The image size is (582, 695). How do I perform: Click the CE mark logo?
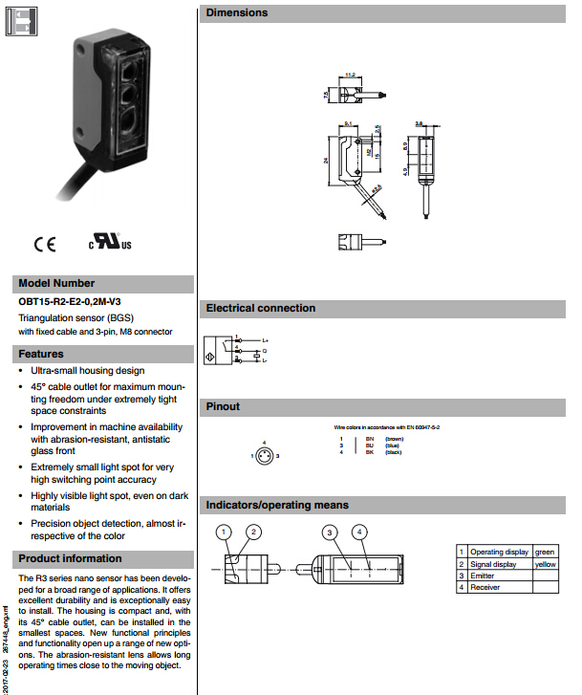pyautogui.click(x=45, y=243)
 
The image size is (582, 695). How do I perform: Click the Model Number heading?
pyautogui.click(x=56, y=283)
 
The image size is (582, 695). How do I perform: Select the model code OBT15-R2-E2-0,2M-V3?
pyautogui.click(x=70, y=302)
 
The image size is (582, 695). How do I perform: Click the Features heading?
pyautogui.click(x=41, y=354)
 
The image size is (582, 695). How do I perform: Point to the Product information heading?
pyautogui.click(x=70, y=558)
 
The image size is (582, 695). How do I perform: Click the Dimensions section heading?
pyautogui.click(x=237, y=13)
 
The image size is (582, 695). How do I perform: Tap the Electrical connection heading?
pyautogui.click(x=261, y=308)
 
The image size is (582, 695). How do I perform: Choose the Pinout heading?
pyautogui.click(x=224, y=407)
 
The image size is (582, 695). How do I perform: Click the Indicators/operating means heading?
pyautogui.click(x=278, y=505)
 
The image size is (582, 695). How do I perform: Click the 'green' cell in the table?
pyautogui.click(x=544, y=552)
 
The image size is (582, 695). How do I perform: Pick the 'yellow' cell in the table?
pyautogui.click(x=544, y=564)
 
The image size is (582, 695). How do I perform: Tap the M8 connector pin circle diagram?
pyautogui.click(x=264, y=455)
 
